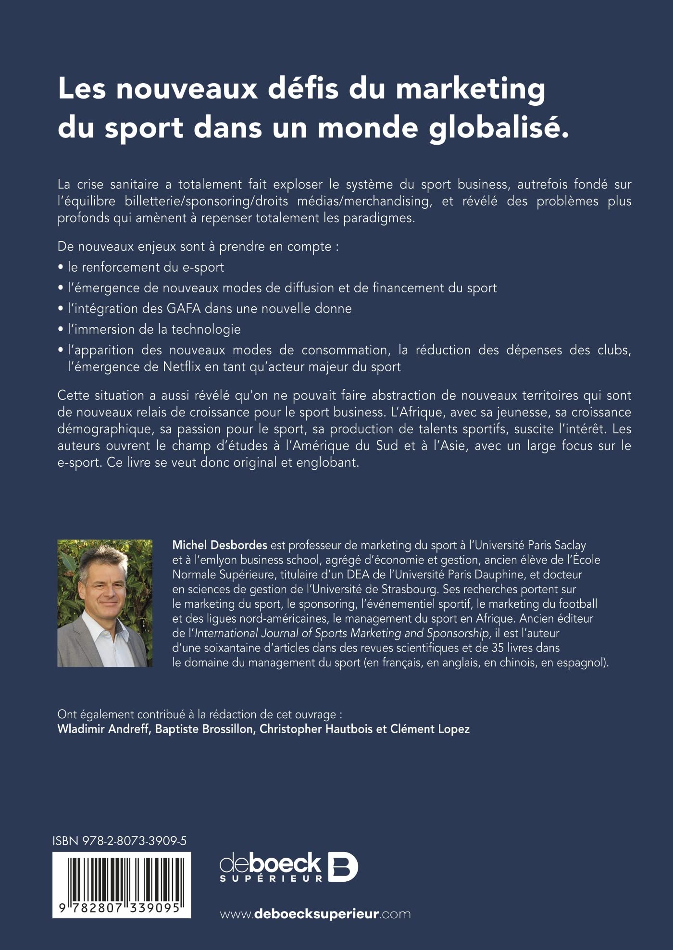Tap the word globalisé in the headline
499,128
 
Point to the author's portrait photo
105,603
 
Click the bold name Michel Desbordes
220,545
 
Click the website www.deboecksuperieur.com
315,913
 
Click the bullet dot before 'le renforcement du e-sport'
61,267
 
